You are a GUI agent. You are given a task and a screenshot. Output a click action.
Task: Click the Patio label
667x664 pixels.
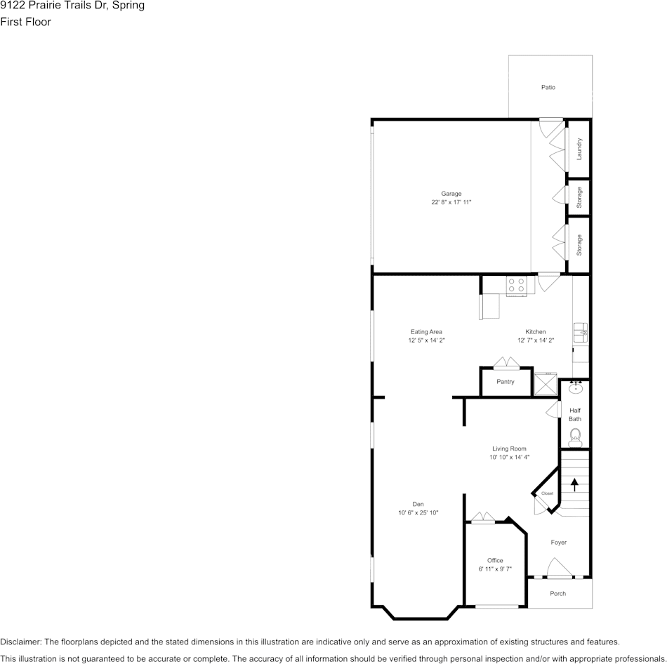click(x=548, y=88)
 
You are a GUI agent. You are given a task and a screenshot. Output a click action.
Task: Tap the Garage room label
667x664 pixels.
click(x=451, y=194)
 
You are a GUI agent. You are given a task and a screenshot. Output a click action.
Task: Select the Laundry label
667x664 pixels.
click(x=579, y=148)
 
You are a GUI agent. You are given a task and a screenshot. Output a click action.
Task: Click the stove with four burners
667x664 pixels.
click(x=516, y=285)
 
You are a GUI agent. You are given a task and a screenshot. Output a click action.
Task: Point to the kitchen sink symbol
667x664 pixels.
click(x=581, y=332)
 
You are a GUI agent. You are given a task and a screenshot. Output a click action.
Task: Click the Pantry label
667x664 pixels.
click(x=505, y=382)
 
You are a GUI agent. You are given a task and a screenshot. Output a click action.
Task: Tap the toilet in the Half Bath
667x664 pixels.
click(x=575, y=437)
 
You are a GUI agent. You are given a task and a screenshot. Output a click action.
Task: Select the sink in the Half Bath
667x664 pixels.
click(x=575, y=387)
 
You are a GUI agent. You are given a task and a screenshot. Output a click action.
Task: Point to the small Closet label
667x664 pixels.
click(x=547, y=493)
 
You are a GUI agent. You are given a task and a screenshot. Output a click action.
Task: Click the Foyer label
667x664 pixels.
click(x=558, y=542)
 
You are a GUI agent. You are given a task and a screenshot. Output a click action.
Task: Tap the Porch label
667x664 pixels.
click(x=557, y=594)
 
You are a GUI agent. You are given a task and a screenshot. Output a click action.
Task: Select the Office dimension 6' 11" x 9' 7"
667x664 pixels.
click(x=495, y=569)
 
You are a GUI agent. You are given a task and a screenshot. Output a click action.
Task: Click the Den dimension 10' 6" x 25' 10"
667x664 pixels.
click(x=418, y=513)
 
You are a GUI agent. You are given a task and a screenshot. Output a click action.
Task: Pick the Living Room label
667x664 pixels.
click(x=509, y=449)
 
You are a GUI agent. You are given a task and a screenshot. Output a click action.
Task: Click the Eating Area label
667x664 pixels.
click(x=426, y=332)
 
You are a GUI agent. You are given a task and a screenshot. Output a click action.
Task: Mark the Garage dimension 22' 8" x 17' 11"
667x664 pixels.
click(x=451, y=202)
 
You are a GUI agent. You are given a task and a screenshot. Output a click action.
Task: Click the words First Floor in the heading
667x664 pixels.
click(x=26, y=22)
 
